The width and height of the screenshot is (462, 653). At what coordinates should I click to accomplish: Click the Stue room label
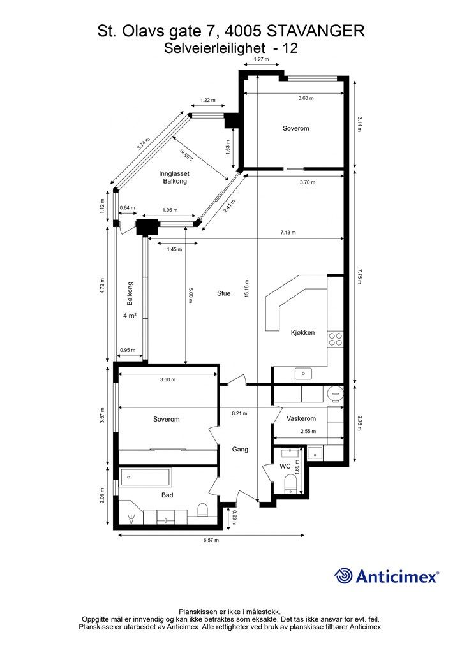223,293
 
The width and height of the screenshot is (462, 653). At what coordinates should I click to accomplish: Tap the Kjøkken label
302,332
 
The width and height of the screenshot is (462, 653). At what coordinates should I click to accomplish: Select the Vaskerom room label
301,419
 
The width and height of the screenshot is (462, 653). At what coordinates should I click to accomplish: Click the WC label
285,467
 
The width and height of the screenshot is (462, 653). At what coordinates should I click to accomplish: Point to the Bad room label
167,495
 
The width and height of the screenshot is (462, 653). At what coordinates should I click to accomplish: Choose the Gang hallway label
240,450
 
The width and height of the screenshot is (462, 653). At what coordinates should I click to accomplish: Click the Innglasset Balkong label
174,177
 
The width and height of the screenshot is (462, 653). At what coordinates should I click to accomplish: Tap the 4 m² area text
130,316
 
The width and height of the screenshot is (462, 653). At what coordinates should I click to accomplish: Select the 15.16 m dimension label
246,293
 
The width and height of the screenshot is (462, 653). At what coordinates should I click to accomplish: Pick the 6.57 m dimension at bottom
211,540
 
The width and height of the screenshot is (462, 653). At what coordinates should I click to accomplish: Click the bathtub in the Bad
145,476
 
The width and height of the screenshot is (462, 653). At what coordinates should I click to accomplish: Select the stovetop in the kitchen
335,339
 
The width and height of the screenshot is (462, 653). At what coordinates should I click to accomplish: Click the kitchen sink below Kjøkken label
303,373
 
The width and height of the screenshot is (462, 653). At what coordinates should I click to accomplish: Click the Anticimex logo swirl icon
344,576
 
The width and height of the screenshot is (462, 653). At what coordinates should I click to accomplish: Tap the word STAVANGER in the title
317,31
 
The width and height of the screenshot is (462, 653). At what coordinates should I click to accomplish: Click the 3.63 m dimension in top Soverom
308,98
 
